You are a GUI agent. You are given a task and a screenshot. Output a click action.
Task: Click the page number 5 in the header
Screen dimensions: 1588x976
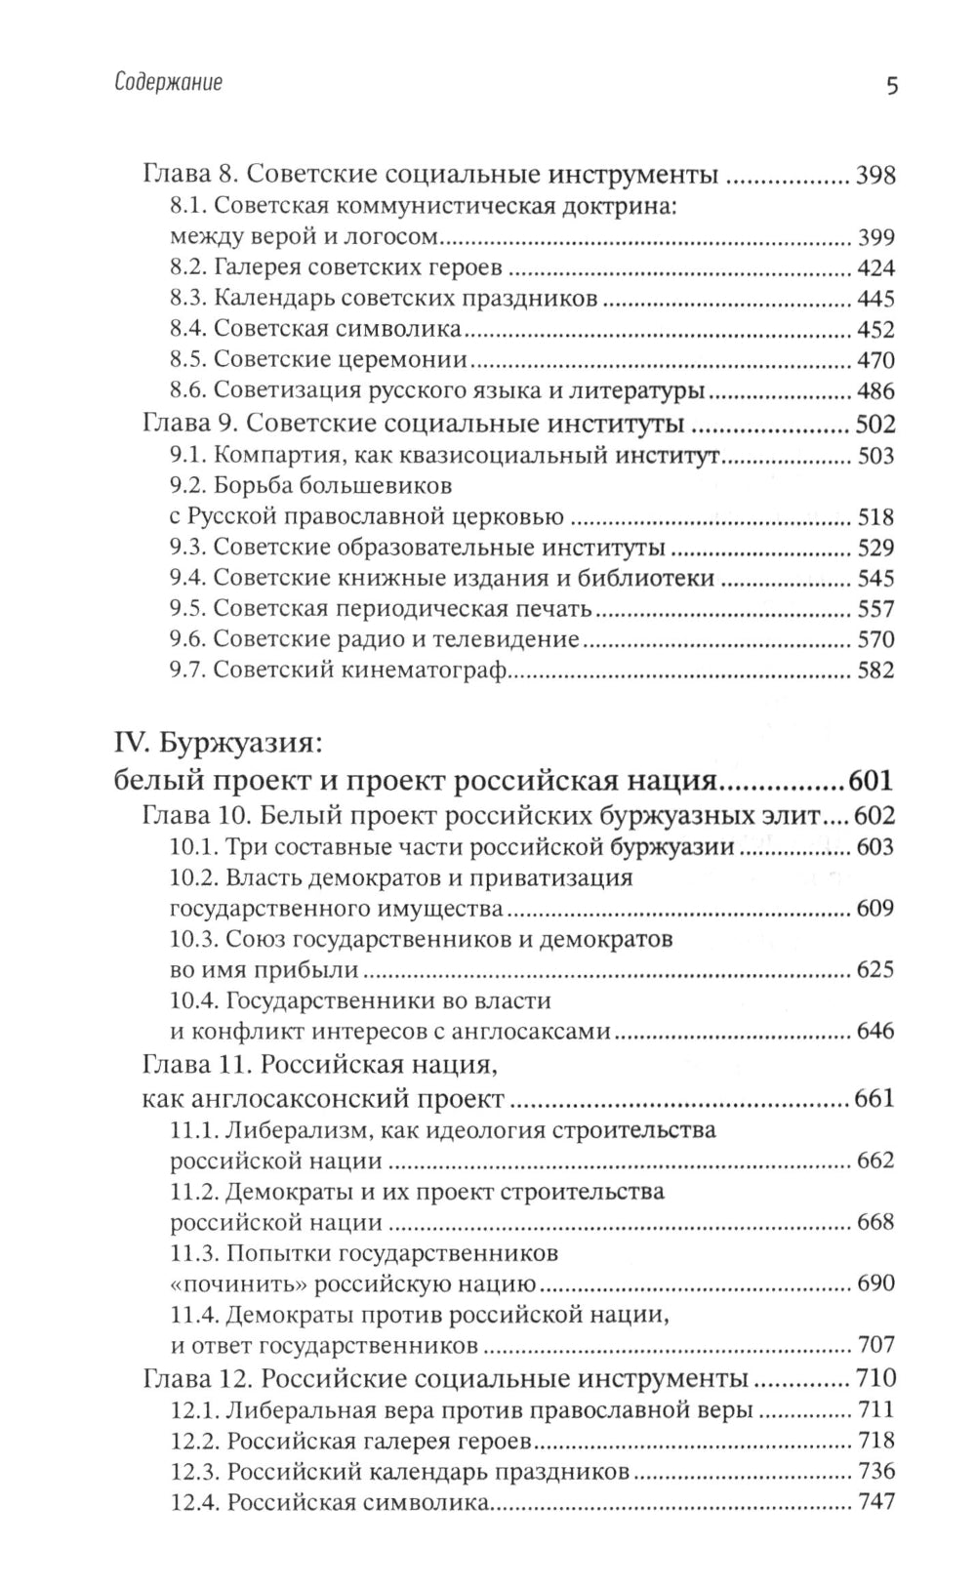(x=891, y=85)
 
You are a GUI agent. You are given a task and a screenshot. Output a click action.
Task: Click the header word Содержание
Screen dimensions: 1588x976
(x=168, y=83)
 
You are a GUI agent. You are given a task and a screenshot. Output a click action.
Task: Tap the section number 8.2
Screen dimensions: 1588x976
(x=186, y=268)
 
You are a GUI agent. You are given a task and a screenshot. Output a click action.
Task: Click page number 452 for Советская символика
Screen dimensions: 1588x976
(x=875, y=330)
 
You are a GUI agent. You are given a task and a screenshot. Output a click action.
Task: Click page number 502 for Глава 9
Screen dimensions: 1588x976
(x=875, y=425)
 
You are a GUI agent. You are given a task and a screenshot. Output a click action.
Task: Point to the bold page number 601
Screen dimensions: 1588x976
(x=871, y=782)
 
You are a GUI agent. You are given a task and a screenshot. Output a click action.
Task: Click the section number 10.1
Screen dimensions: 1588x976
(x=191, y=846)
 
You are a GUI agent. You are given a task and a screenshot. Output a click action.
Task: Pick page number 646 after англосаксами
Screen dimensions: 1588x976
(x=875, y=1031)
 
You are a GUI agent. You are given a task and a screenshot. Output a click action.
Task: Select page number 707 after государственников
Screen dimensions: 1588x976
(x=875, y=1345)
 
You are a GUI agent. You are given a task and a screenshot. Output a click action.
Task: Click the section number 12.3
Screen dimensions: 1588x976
(x=191, y=1472)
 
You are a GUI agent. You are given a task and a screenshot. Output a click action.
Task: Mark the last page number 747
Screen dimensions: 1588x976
(x=875, y=1502)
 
